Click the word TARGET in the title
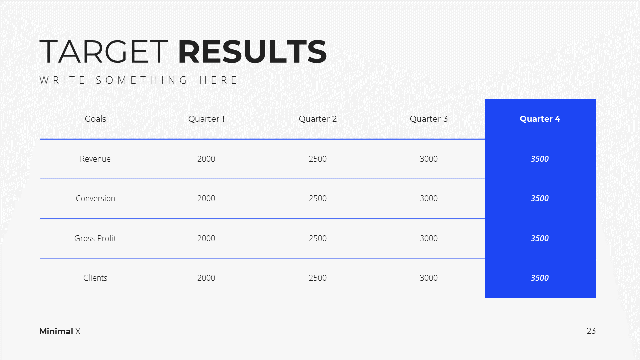tap(104, 51)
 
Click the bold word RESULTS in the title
tap(253, 51)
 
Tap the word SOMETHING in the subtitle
tap(142, 80)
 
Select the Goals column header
tap(95, 119)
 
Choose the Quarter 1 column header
tap(206, 119)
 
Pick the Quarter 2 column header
tap(318, 119)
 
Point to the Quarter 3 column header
tap(429, 119)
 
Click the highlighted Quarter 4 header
tap(540, 119)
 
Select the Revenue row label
tap(95, 159)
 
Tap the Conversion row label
tap(95, 198)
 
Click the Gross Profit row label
tap(95, 238)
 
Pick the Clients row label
tap(95, 278)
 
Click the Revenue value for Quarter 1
tap(206, 159)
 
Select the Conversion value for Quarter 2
tap(317, 198)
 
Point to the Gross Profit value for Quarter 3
tap(429, 238)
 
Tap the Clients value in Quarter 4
tap(540, 278)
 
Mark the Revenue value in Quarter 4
tap(540, 159)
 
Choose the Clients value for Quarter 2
tap(317, 278)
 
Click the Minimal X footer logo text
tap(60, 331)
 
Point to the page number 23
tap(591, 331)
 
